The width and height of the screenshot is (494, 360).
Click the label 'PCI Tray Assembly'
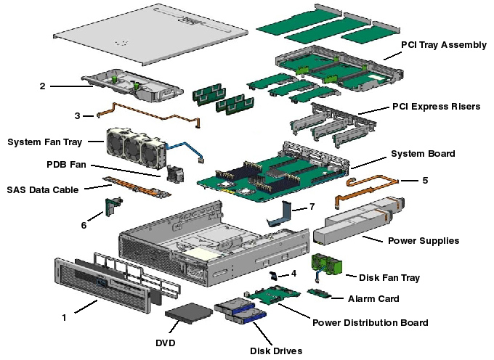[x=444, y=45]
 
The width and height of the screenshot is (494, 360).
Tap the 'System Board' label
[x=423, y=154]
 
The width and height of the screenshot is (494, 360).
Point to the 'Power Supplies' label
[x=424, y=240]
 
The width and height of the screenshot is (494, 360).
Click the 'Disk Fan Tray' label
[x=389, y=277]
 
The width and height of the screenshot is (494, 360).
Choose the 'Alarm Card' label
[x=373, y=298]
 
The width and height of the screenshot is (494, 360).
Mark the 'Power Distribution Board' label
[x=370, y=322]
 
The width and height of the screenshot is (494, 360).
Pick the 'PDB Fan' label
[x=67, y=165]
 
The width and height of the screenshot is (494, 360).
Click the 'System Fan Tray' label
[x=45, y=142]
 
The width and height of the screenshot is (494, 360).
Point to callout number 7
[x=312, y=207]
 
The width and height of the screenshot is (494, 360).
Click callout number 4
[x=293, y=274]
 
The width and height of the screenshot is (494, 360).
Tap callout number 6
[x=84, y=226]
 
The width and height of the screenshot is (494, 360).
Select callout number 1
[x=64, y=317]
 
